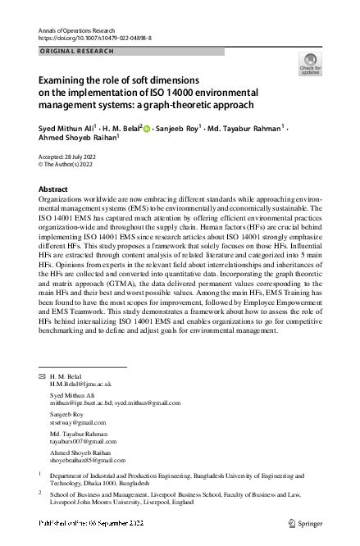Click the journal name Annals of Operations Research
pos(80,30)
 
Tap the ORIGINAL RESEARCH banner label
pos(73,51)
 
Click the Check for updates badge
pos(311,64)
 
